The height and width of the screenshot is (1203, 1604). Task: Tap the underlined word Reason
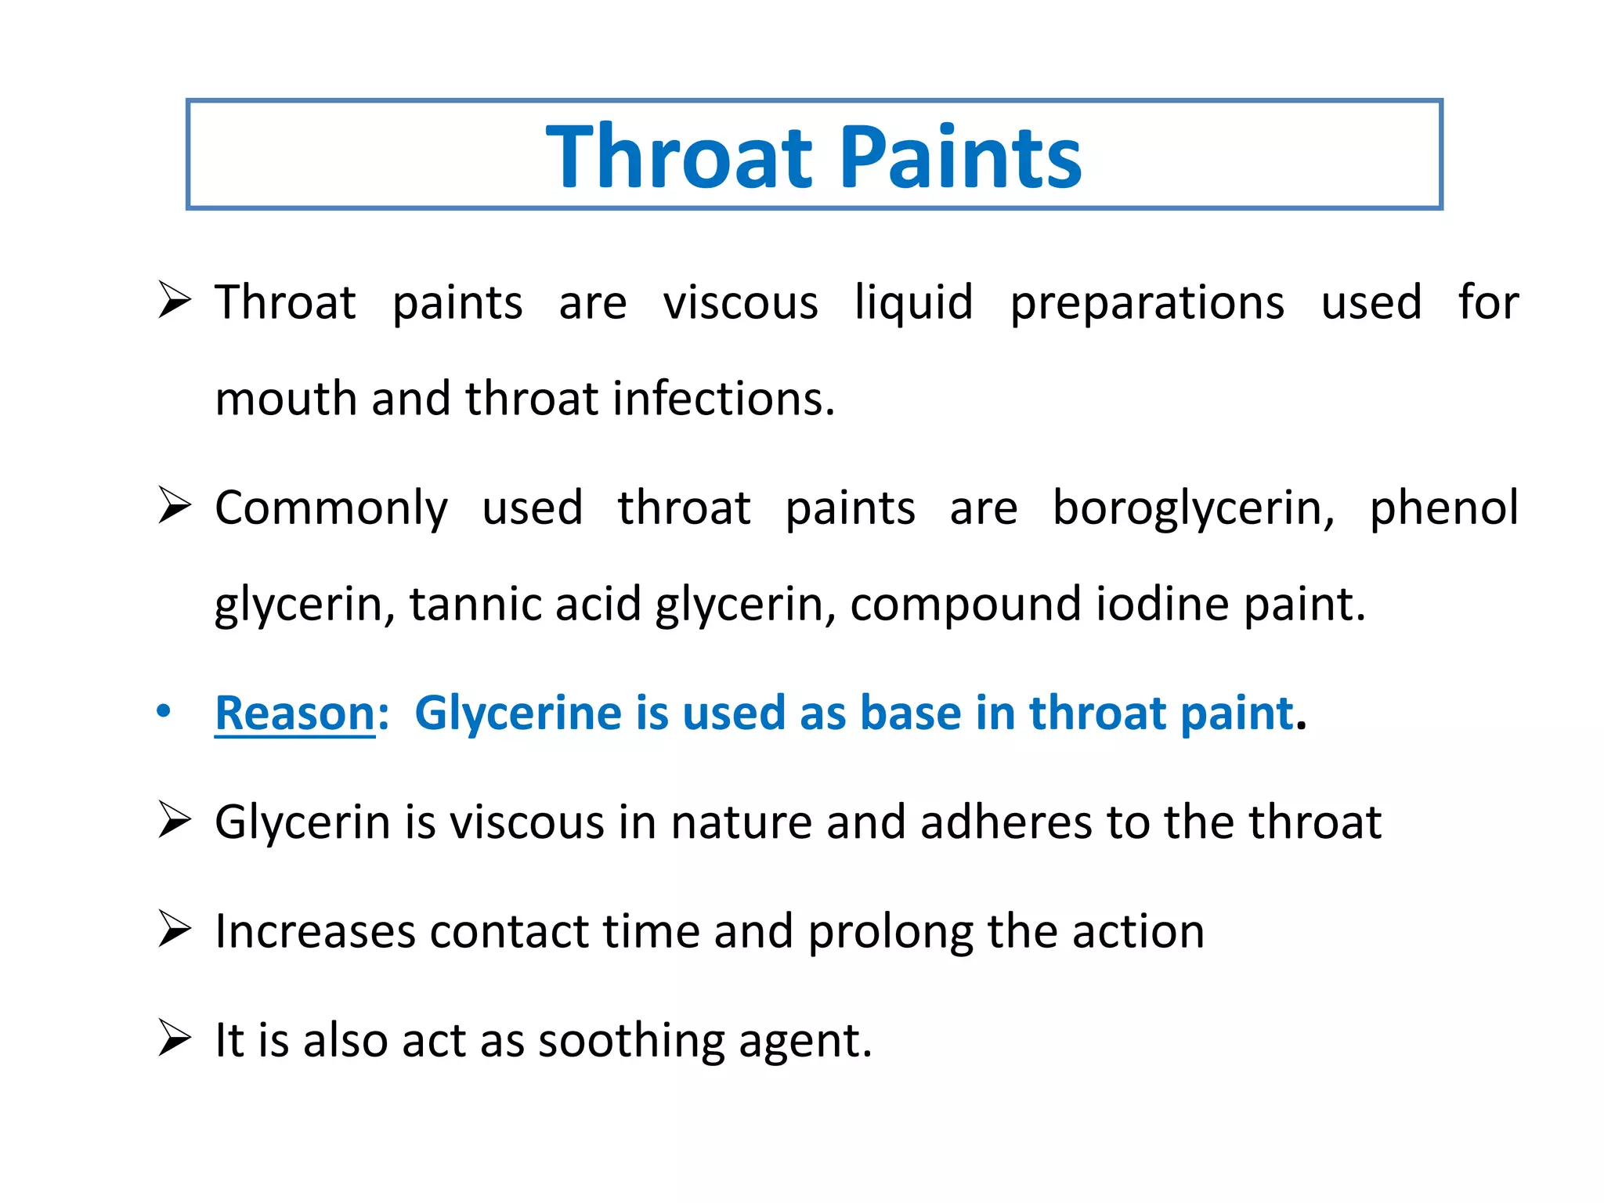pos(295,713)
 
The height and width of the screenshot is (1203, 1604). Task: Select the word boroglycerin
pos(1193,509)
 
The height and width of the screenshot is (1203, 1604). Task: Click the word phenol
pos(1443,509)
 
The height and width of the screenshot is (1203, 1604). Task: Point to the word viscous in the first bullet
pos(740,304)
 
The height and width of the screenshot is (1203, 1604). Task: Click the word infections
pos(724,399)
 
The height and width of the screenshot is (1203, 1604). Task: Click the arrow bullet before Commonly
pos(174,505)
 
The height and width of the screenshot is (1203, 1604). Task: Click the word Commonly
pos(331,509)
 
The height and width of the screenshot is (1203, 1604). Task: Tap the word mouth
pos(286,399)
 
